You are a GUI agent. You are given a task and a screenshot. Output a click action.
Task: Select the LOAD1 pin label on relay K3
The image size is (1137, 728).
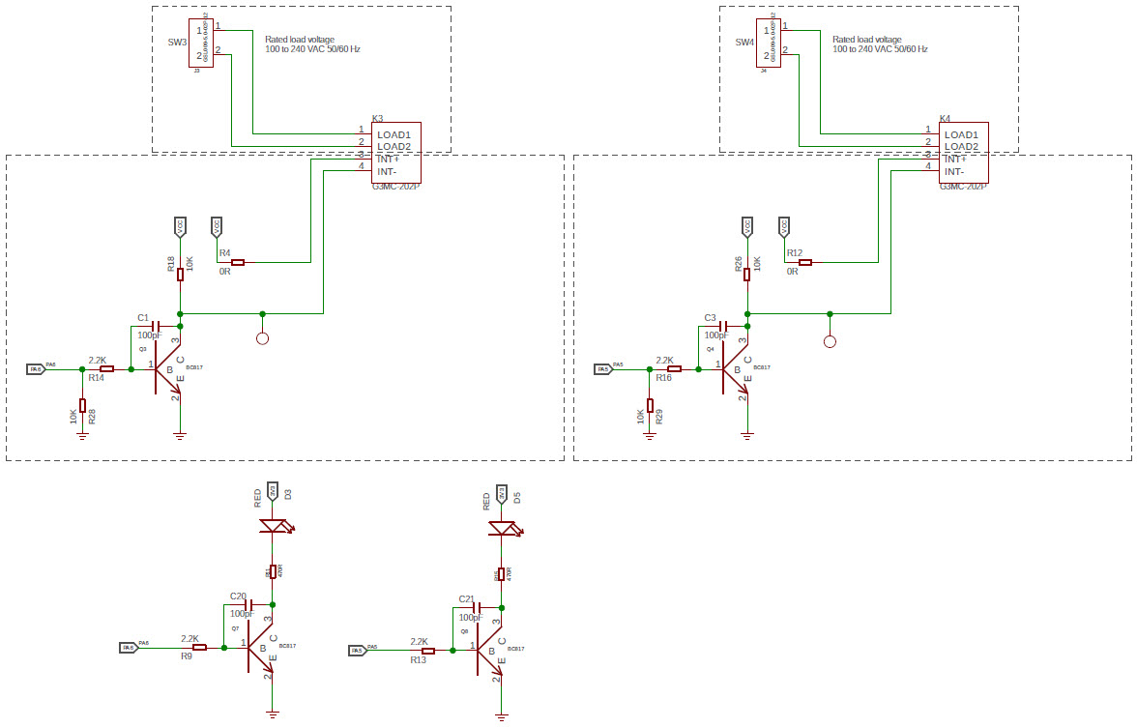tap(394, 134)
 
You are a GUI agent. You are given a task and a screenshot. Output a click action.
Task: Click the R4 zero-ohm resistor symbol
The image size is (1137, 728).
tap(238, 262)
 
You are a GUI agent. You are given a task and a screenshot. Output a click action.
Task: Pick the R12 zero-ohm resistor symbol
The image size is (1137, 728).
tap(805, 262)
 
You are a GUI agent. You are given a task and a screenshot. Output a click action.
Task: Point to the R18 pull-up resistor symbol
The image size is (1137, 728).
tap(180, 274)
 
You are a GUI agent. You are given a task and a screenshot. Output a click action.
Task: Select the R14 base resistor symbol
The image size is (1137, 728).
tap(107, 368)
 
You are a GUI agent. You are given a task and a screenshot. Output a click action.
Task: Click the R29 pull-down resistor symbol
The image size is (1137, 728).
tap(650, 405)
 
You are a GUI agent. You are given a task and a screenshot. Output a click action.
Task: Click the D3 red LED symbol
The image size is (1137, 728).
tap(274, 527)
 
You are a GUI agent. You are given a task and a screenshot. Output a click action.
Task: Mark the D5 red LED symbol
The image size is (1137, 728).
tap(501, 528)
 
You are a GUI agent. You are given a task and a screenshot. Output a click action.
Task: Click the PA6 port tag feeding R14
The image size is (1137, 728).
tap(36, 369)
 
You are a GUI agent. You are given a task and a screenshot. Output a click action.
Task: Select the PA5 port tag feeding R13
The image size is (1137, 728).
tap(358, 651)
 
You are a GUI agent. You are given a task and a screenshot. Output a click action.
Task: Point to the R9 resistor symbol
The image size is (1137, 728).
tap(200, 647)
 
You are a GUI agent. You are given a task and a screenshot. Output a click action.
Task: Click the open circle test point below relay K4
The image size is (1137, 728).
tap(829, 341)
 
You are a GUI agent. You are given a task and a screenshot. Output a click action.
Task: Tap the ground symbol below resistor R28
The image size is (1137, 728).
tap(82, 435)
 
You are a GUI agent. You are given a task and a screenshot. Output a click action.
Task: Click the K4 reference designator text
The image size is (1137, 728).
tap(945, 118)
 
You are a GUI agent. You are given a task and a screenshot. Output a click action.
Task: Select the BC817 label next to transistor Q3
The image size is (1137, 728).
tap(193, 368)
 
